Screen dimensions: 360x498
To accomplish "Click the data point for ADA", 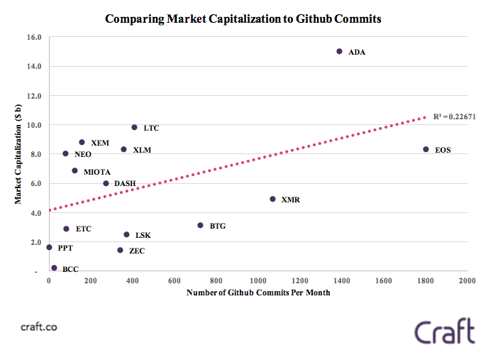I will (x=339, y=52).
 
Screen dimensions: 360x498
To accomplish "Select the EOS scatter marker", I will (x=426, y=150).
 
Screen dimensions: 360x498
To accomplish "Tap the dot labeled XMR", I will (x=272, y=200).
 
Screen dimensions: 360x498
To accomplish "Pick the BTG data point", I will (x=200, y=225).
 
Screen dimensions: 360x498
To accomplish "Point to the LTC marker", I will (x=134, y=128).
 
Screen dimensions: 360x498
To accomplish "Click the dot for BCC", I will (x=54, y=268).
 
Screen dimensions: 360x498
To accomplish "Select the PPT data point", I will (x=49, y=247).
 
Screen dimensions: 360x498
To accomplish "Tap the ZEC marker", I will (x=120, y=250).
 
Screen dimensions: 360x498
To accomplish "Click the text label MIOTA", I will (x=96, y=172).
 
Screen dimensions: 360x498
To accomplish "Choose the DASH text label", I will (x=125, y=184).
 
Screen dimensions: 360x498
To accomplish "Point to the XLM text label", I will (x=142, y=151).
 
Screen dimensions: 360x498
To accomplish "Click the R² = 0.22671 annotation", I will (x=454, y=116).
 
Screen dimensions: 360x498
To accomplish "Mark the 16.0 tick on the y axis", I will (x=34, y=36).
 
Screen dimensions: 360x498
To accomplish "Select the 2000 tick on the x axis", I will (x=467, y=281).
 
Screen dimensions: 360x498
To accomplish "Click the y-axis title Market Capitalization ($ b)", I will (x=18, y=153).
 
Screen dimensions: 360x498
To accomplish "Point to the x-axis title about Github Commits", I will (x=258, y=293).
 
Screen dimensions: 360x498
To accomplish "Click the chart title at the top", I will (x=243, y=19).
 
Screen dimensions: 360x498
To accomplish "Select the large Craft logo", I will (x=445, y=332).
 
